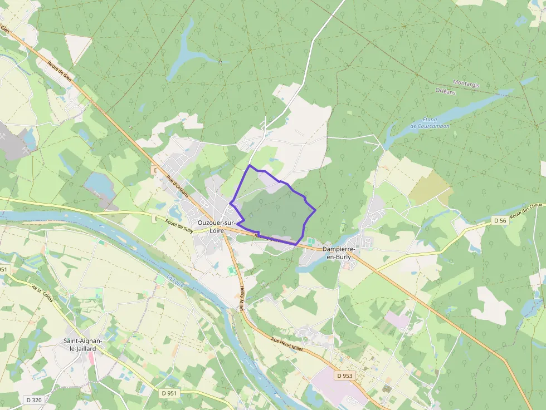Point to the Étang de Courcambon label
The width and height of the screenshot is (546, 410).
(430, 123)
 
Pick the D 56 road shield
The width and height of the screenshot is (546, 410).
(500, 221)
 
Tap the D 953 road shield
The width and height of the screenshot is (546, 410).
(344, 376)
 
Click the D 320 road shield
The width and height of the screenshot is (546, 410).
(34, 399)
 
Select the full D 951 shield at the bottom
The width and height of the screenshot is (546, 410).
(169, 393)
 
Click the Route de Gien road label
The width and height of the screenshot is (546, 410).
(61, 72)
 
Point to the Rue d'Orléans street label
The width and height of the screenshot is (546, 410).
(178, 187)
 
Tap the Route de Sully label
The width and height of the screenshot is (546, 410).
(179, 225)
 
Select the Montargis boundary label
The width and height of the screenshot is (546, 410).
(466, 83)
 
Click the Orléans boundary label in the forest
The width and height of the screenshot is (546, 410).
(445, 92)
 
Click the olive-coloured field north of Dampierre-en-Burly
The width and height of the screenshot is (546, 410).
(430, 187)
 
